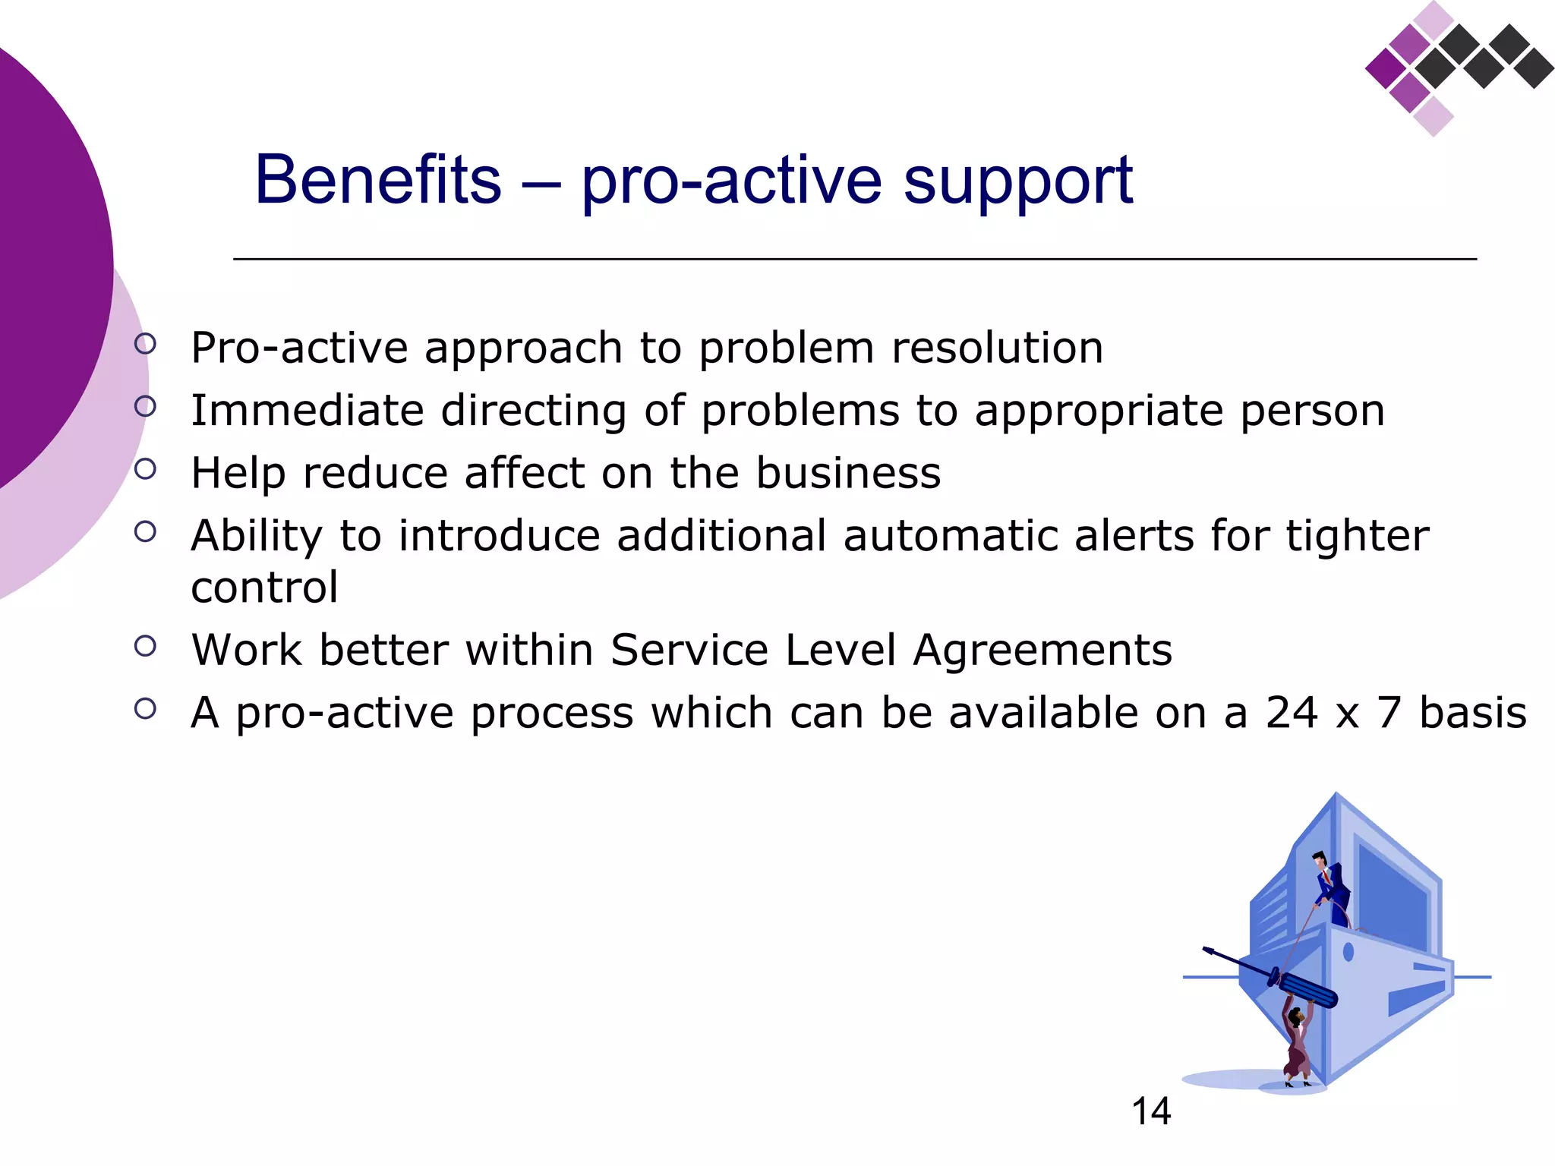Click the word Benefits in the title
pos(378,180)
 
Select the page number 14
pos(1151,1111)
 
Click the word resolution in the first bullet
pos(997,348)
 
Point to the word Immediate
pos(307,411)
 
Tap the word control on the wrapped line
pos(264,588)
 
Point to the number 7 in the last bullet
pos(1389,713)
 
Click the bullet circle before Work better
pos(145,646)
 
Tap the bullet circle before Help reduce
pos(145,468)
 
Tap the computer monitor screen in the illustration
pos(1393,896)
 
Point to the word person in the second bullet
pos(1312,411)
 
